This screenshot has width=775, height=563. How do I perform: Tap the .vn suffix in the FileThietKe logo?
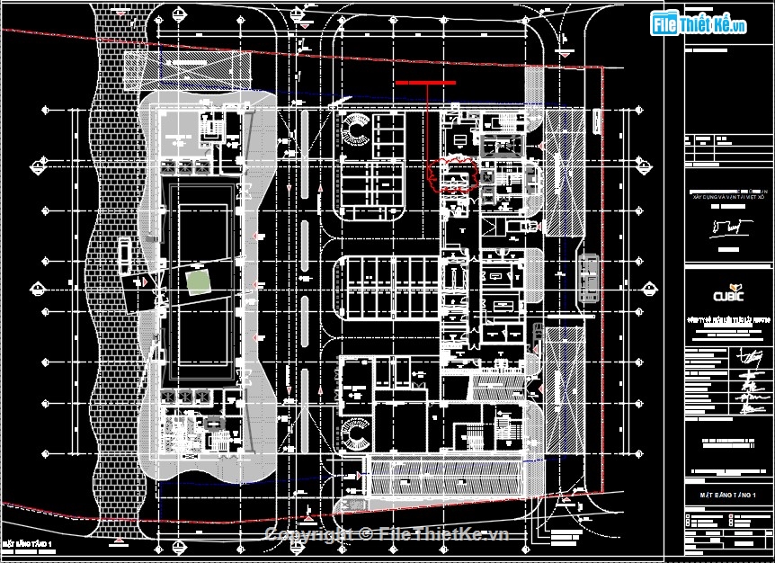pos(738,27)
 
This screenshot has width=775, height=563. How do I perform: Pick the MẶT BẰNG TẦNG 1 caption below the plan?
pos(29,544)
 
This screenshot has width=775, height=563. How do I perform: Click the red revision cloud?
pos(455,175)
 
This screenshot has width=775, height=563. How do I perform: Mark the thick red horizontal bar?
pos(425,83)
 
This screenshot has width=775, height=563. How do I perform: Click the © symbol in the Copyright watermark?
pos(365,533)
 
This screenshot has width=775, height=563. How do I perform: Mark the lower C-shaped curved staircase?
pos(357,438)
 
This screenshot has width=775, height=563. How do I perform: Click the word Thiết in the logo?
pos(696,25)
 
